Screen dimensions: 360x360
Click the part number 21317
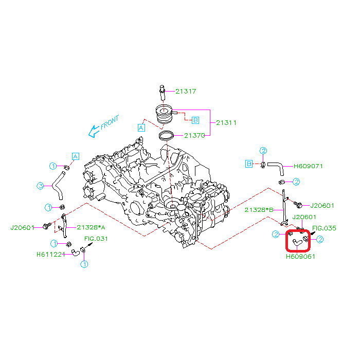point(186,92)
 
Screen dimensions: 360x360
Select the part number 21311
point(226,122)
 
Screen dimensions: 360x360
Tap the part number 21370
point(194,136)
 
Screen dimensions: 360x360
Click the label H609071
point(308,166)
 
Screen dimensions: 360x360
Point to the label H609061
point(300,257)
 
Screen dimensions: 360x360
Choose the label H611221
point(51,255)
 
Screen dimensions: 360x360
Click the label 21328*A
point(91,227)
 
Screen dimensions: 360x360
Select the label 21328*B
point(259,210)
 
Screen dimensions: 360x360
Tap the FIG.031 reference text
point(96,239)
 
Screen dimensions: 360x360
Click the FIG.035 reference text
point(324,228)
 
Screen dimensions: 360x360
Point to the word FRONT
point(110,122)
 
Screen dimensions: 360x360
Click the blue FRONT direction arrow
point(94,132)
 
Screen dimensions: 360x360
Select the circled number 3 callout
point(41,186)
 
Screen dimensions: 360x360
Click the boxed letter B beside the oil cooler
point(195,120)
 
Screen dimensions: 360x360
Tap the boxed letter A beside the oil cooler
point(141,128)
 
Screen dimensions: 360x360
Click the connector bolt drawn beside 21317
point(163,93)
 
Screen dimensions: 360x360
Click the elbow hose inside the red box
point(297,243)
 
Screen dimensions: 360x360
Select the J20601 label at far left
point(22,228)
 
